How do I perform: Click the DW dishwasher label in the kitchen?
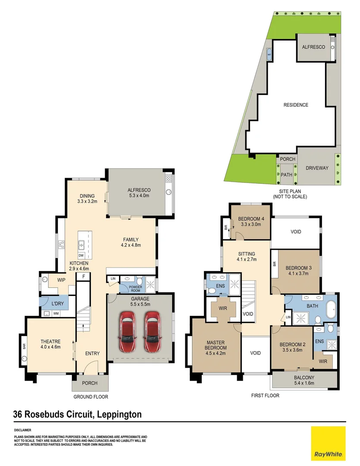(x=81, y=255)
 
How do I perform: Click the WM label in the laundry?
(x=56, y=313)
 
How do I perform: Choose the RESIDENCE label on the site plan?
(x=295, y=105)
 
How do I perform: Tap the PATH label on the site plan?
(x=287, y=175)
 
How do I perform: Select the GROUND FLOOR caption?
(x=91, y=397)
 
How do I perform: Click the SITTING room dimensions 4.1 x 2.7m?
(x=246, y=260)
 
